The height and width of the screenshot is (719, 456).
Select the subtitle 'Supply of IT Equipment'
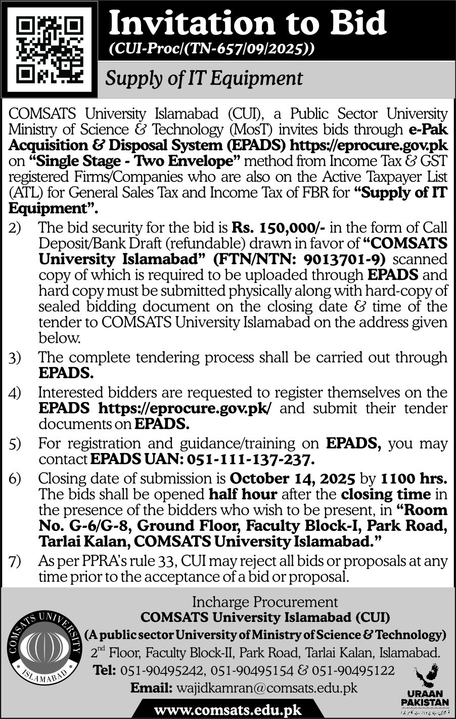coord(203,78)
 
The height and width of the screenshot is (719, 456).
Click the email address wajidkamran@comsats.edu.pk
coord(266,688)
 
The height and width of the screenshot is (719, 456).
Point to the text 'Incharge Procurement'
coord(265,602)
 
